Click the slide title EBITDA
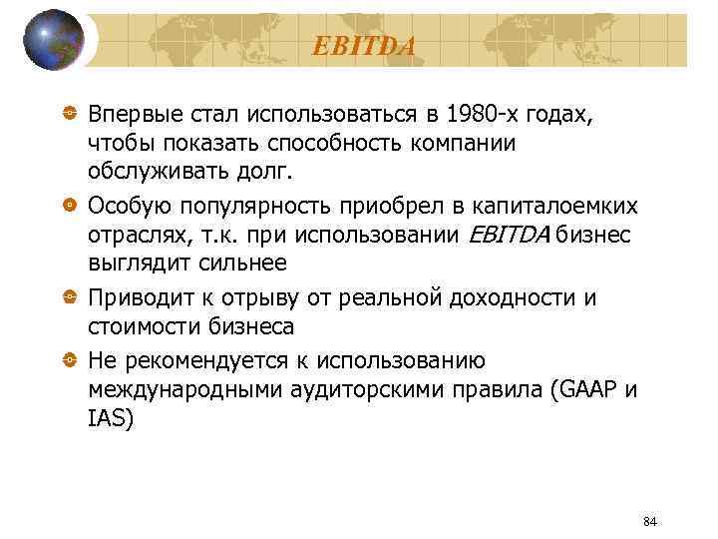pos(363,45)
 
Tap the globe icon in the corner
pos(54,40)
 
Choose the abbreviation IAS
pos(109,419)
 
